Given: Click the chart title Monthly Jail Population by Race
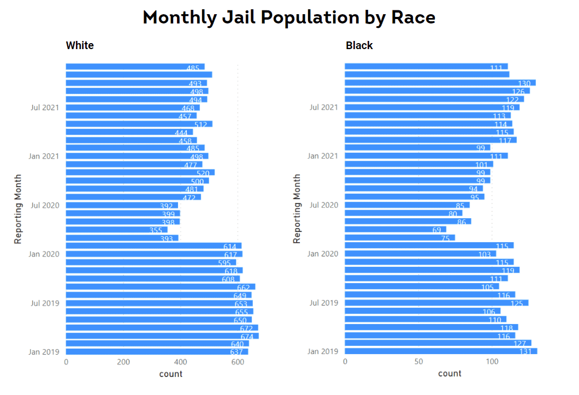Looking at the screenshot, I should coord(289,17).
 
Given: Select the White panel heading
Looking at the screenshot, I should coord(80,45).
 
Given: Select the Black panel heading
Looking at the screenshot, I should coord(359,45).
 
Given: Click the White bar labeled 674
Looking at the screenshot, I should coord(162,336).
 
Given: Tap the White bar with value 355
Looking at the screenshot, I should coord(117,230).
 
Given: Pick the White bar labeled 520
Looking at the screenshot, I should coord(140,172).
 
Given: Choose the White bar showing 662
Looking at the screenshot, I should coord(161,287).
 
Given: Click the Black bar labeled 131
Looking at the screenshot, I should coord(441,351).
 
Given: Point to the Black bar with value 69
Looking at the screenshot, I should coord(395,230).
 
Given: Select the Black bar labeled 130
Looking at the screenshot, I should coord(440,83).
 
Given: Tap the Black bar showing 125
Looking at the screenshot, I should coord(436,303).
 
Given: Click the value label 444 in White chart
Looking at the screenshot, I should coord(181,133).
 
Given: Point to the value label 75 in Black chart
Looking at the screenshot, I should coord(445,238).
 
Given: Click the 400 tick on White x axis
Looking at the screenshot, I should coord(180,361).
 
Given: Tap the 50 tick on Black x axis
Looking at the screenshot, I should coord(418,361).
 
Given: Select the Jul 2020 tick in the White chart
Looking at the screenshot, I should coord(45,205).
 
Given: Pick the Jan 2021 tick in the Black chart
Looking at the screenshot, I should coord(322,157).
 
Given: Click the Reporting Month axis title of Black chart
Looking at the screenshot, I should coord(297,208).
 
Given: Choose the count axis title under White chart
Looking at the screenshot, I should coord(171,374).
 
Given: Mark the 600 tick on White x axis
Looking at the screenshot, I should coord(238,361).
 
